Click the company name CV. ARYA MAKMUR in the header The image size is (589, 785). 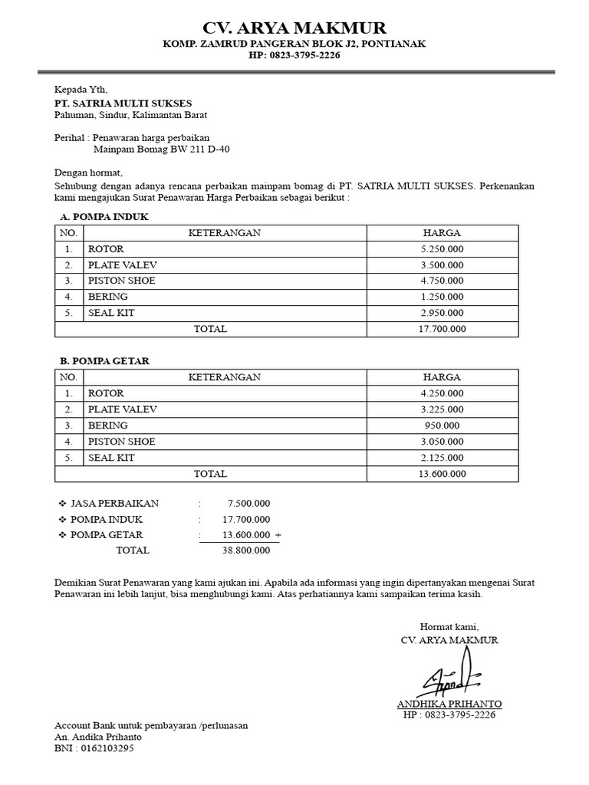(294, 29)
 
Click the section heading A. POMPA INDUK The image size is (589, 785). (104, 217)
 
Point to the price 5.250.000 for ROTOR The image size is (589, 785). (443, 249)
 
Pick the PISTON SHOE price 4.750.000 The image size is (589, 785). (443, 281)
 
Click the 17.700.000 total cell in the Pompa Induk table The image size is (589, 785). (443, 329)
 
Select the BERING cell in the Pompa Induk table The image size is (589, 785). (108, 297)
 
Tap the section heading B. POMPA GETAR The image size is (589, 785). (105, 361)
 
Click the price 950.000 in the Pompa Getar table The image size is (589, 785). (443, 425)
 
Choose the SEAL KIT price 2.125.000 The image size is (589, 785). (443, 458)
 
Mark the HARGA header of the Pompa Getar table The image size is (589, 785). (443, 377)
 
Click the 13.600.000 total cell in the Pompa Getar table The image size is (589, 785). (443, 474)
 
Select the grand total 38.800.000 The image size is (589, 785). (245, 550)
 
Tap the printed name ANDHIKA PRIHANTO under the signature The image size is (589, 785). (449, 704)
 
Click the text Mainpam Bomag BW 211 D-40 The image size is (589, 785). (161, 149)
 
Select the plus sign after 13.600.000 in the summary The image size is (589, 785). (278, 535)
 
